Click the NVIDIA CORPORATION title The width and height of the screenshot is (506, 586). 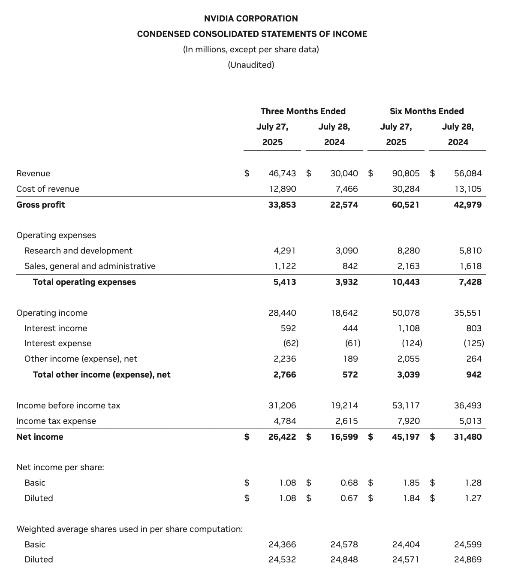[x=251, y=18]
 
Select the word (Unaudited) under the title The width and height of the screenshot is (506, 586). [x=251, y=65]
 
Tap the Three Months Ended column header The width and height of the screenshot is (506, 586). [x=303, y=111]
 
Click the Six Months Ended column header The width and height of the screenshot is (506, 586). [x=426, y=111]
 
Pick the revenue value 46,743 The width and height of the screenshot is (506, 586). [x=282, y=173]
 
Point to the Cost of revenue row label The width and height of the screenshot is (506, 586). [x=48, y=189]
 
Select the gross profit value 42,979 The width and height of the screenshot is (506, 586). [x=467, y=205]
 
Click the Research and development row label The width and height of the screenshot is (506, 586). [x=78, y=251]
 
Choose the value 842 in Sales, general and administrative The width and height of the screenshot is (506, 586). [x=350, y=266]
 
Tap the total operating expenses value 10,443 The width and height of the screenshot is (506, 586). [x=406, y=282]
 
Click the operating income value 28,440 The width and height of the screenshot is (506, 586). [x=282, y=313]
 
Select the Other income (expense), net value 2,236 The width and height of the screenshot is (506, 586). [x=285, y=359]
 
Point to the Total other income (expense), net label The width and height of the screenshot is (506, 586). [x=102, y=375]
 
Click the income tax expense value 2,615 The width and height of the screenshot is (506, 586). [x=346, y=421]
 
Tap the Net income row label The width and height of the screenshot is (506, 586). [x=39, y=437]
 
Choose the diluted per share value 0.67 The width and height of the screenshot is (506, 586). [x=349, y=498]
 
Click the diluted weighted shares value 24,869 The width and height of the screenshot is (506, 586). [x=467, y=559]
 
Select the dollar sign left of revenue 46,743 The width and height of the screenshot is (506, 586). [x=247, y=173]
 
